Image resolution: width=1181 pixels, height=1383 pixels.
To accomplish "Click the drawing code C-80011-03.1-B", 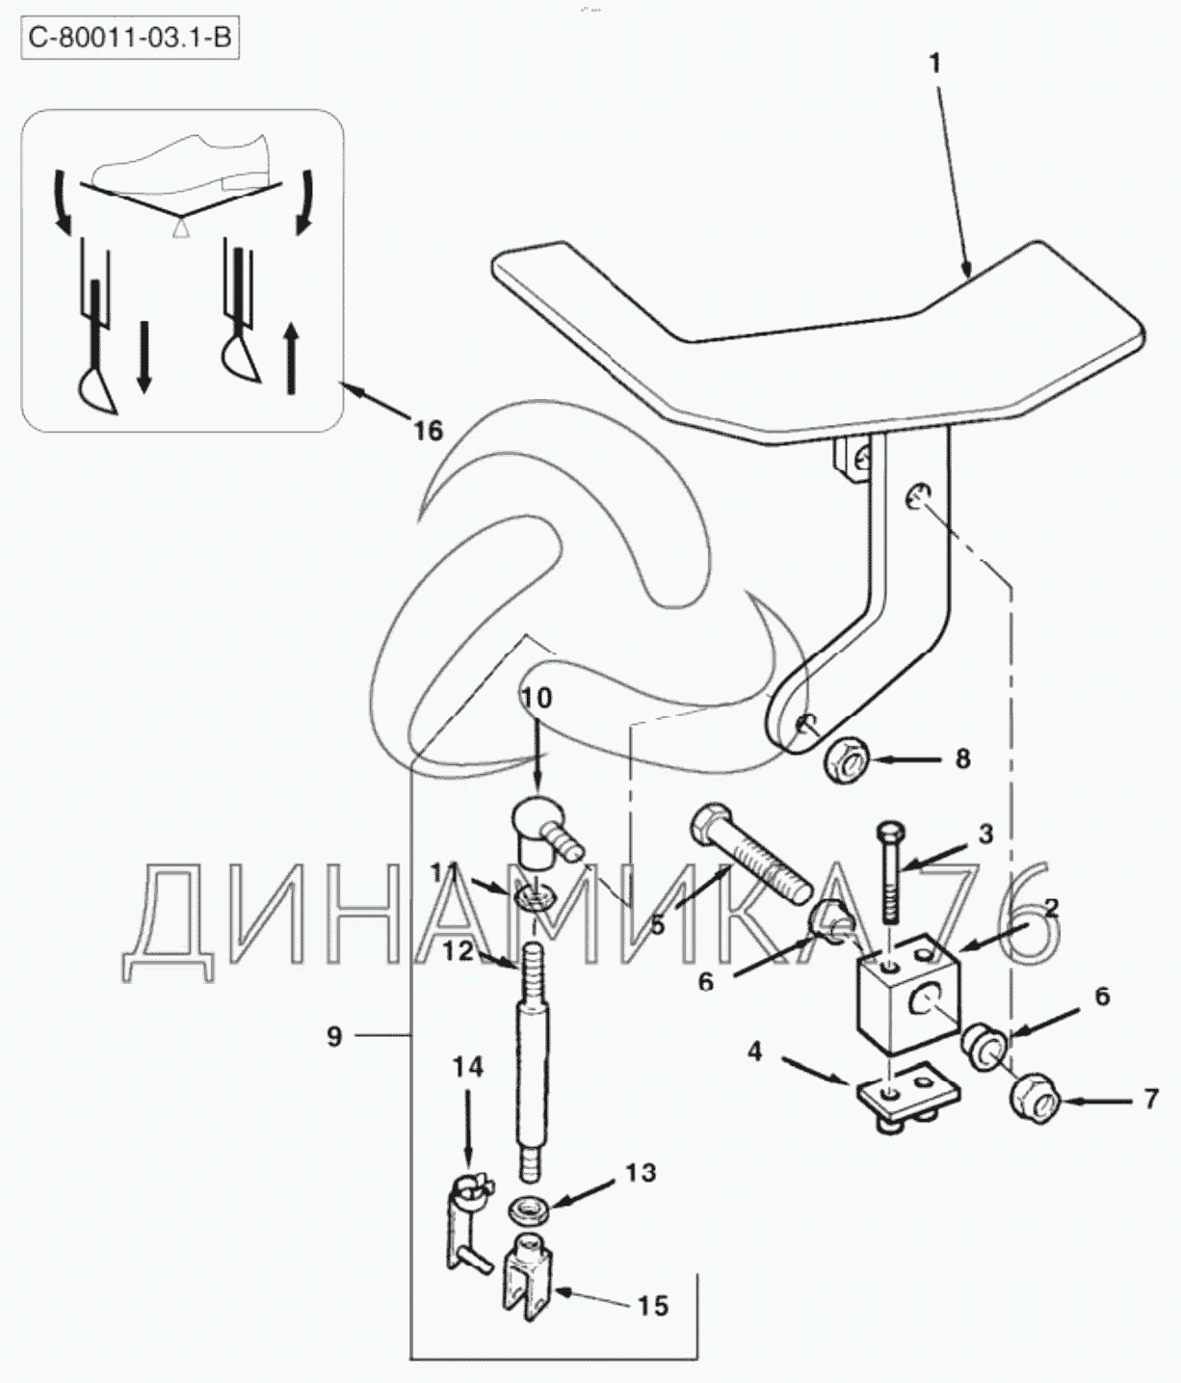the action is (130, 39).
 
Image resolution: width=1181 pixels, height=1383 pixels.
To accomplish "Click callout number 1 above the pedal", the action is (935, 65).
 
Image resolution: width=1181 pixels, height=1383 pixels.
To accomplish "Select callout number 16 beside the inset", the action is (428, 430).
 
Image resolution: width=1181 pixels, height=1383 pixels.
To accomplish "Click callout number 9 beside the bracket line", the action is (334, 1037).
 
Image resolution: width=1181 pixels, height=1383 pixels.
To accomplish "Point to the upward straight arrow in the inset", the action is (291, 358).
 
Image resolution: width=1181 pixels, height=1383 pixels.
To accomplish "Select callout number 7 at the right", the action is (1150, 1100).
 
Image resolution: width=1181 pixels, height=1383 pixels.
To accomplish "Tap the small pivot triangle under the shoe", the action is (179, 229).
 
